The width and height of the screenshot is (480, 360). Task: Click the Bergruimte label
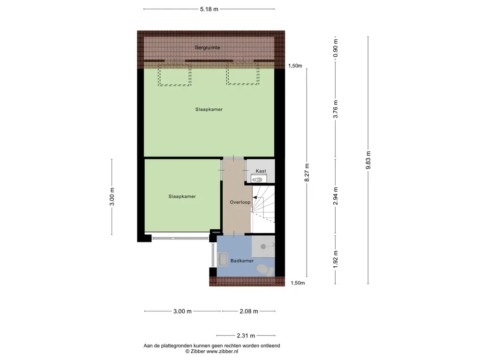pyautogui.click(x=208, y=48)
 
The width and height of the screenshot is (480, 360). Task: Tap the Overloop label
pyautogui.click(x=240, y=202)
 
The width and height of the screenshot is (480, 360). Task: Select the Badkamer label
pyautogui.click(x=242, y=261)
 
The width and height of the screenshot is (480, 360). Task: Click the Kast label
pyautogui.click(x=261, y=171)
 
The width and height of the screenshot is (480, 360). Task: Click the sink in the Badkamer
pyautogui.click(x=222, y=260)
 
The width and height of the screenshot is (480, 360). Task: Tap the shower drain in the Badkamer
pyautogui.click(x=263, y=246)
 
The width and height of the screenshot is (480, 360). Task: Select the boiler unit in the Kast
pyautogui.click(x=259, y=178)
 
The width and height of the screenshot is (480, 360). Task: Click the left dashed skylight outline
pyautogui.click(x=174, y=75)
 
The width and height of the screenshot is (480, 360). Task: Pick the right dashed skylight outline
pyautogui.click(x=243, y=74)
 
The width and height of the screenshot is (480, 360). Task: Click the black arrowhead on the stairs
pyautogui.click(x=255, y=198)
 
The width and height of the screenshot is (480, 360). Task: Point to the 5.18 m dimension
pyautogui.click(x=209, y=9)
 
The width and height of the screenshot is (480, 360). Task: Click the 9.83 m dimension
pyautogui.click(x=368, y=160)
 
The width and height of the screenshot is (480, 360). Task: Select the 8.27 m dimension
pyautogui.click(x=307, y=172)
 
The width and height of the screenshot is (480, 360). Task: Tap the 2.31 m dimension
pyautogui.click(x=246, y=336)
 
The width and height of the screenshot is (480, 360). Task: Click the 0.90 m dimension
pyautogui.click(x=336, y=48)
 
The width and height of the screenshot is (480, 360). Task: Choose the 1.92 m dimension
pyautogui.click(x=336, y=259)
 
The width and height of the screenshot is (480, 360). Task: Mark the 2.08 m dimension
pyautogui.click(x=249, y=311)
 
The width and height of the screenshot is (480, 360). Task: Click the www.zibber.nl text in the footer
pyautogui.click(x=222, y=352)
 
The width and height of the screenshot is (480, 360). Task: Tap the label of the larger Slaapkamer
pyautogui.click(x=209, y=109)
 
